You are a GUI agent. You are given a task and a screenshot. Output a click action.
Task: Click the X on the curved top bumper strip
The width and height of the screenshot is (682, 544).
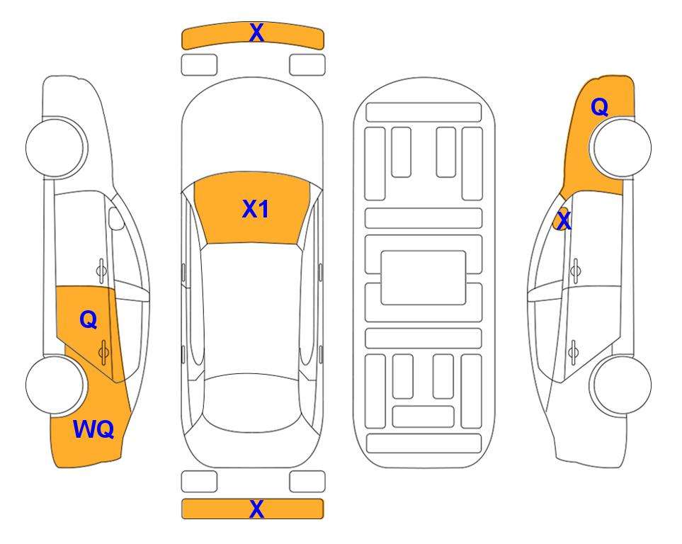tap(256, 33)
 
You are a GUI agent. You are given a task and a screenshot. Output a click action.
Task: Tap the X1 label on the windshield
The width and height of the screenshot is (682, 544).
tap(256, 209)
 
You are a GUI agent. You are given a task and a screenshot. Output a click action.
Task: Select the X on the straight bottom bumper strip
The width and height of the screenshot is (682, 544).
tap(256, 509)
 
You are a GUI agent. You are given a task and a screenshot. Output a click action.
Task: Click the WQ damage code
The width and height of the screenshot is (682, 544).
tap(93, 429)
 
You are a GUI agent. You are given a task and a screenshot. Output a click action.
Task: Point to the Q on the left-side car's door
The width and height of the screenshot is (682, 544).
tap(89, 320)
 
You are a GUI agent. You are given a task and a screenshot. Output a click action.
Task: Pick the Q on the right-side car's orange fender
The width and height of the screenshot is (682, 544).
tap(599, 107)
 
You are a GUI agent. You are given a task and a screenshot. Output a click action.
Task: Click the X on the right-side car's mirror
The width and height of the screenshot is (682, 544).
tap(564, 221)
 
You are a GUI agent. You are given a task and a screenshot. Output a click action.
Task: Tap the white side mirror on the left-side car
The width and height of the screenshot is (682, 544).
tap(116, 219)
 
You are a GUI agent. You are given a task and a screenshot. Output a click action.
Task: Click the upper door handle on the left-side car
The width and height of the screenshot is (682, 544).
tap(101, 271)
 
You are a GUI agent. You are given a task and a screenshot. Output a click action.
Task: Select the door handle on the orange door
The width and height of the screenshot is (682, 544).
tap(103, 352)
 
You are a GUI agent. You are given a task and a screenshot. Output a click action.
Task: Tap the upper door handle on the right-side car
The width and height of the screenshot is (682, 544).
tap(576, 271)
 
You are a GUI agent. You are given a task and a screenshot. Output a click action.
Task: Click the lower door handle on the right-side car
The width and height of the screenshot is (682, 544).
tap(574, 352)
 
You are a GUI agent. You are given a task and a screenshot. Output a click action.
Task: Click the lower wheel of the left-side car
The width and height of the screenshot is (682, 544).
tap(56, 385)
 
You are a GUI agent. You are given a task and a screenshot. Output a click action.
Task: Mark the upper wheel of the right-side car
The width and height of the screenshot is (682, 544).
tap(622, 147)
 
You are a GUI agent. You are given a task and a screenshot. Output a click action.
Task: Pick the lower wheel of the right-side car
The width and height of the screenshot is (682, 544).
tap(622, 385)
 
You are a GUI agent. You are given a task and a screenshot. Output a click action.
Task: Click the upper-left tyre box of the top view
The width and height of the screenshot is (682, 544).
tap(199, 65)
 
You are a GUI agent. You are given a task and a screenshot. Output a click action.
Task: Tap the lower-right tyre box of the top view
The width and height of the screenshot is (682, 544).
tap(307, 482)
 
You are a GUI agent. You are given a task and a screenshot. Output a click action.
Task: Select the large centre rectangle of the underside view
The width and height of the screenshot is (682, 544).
tap(424, 278)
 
